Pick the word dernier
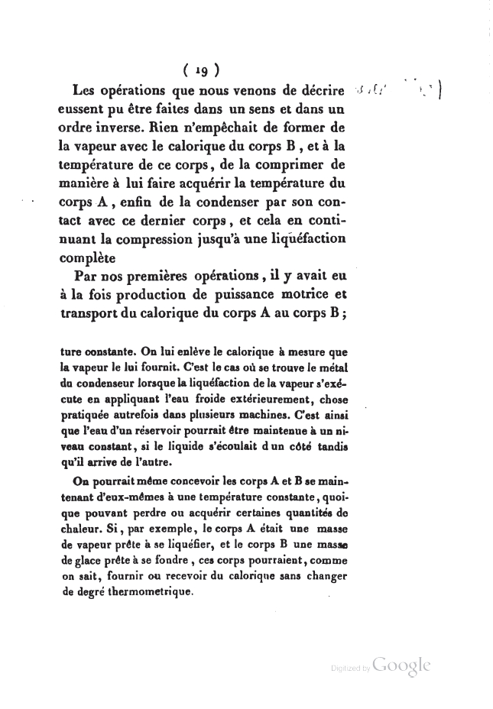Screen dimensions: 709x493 [203, 223]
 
